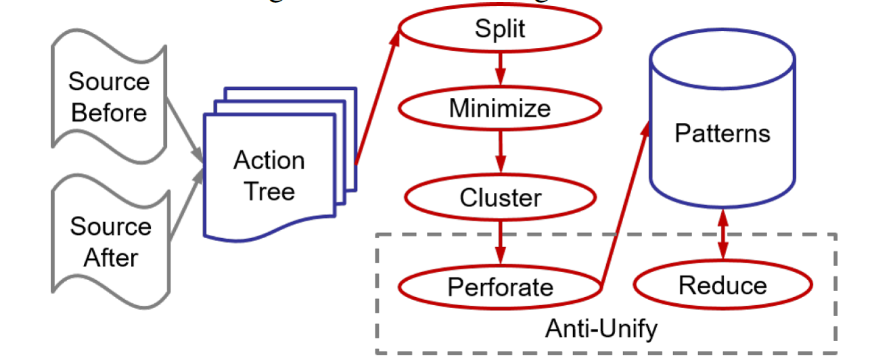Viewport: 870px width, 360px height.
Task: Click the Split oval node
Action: coord(499,29)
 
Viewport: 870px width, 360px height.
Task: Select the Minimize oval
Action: coord(499,108)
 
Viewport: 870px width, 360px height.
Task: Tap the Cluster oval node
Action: coord(500,198)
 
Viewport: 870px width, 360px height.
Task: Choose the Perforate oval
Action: coord(500,287)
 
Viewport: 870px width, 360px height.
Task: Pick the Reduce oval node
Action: coord(723,285)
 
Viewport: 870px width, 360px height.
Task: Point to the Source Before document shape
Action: coord(108,97)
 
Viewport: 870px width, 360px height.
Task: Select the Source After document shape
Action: coord(110,241)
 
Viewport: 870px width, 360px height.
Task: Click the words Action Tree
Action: coord(269,175)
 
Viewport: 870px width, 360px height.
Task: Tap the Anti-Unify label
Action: coord(601,329)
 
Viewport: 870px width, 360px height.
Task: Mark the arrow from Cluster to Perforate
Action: coord(500,240)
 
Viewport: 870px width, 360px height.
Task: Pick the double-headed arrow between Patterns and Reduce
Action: coord(723,234)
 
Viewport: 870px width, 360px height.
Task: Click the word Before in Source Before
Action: coord(108,112)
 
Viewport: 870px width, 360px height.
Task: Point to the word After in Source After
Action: coord(110,257)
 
